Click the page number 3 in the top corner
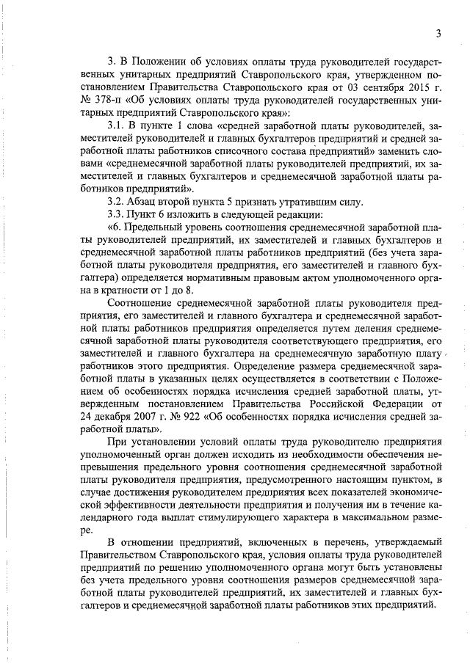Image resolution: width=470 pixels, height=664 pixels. tap(438, 33)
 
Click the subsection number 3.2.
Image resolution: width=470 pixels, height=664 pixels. tap(117, 203)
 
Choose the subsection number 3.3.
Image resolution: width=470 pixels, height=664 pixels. tap(117, 216)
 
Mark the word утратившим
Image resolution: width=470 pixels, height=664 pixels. tap(301, 203)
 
